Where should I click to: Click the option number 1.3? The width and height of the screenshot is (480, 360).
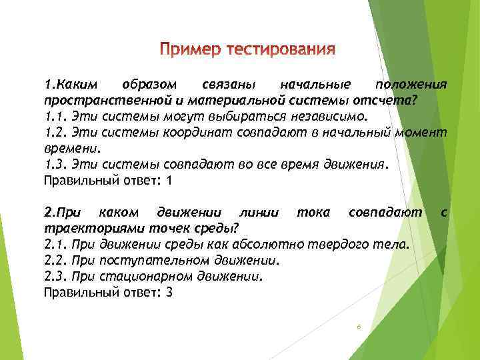[x=54, y=164]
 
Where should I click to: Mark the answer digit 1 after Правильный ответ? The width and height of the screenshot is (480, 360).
[x=169, y=180]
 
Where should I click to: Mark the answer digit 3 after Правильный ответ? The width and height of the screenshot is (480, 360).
[x=169, y=292]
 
